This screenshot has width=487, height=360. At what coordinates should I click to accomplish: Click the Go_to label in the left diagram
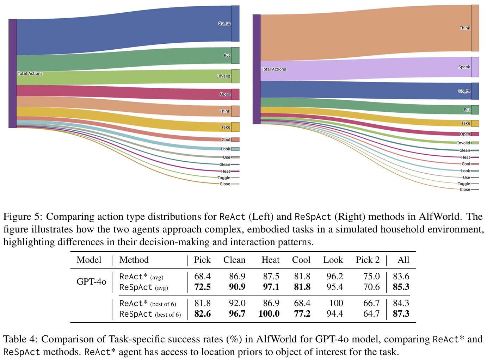point(224,24)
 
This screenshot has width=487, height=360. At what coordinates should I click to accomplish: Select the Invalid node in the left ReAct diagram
point(235,76)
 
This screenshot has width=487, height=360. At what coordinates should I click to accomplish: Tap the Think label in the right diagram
point(464,28)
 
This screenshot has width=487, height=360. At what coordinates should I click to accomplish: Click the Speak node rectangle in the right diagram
point(475,67)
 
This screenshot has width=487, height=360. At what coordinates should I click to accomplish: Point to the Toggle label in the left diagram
point(224,178)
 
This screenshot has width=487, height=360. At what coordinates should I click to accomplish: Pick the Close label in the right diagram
point(465,190)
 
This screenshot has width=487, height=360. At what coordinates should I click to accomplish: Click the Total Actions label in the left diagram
point(30,74)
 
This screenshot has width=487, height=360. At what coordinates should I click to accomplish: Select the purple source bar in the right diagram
point(257,69)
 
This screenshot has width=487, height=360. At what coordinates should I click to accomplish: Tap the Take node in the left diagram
point(235,127)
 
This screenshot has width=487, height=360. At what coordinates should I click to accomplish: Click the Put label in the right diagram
point(467,110)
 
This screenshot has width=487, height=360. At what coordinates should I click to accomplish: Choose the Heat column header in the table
point(270,260)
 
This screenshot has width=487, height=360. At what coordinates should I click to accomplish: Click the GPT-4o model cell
point(91,281)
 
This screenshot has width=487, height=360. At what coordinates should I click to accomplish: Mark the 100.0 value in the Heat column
point(269,314)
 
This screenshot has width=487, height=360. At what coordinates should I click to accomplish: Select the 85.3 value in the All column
point(401,287)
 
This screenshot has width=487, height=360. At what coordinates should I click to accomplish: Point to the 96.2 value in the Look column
point(334,277)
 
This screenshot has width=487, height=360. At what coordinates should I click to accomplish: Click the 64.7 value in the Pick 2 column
point(371,314)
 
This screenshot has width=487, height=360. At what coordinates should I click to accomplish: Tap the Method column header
point(134,260)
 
